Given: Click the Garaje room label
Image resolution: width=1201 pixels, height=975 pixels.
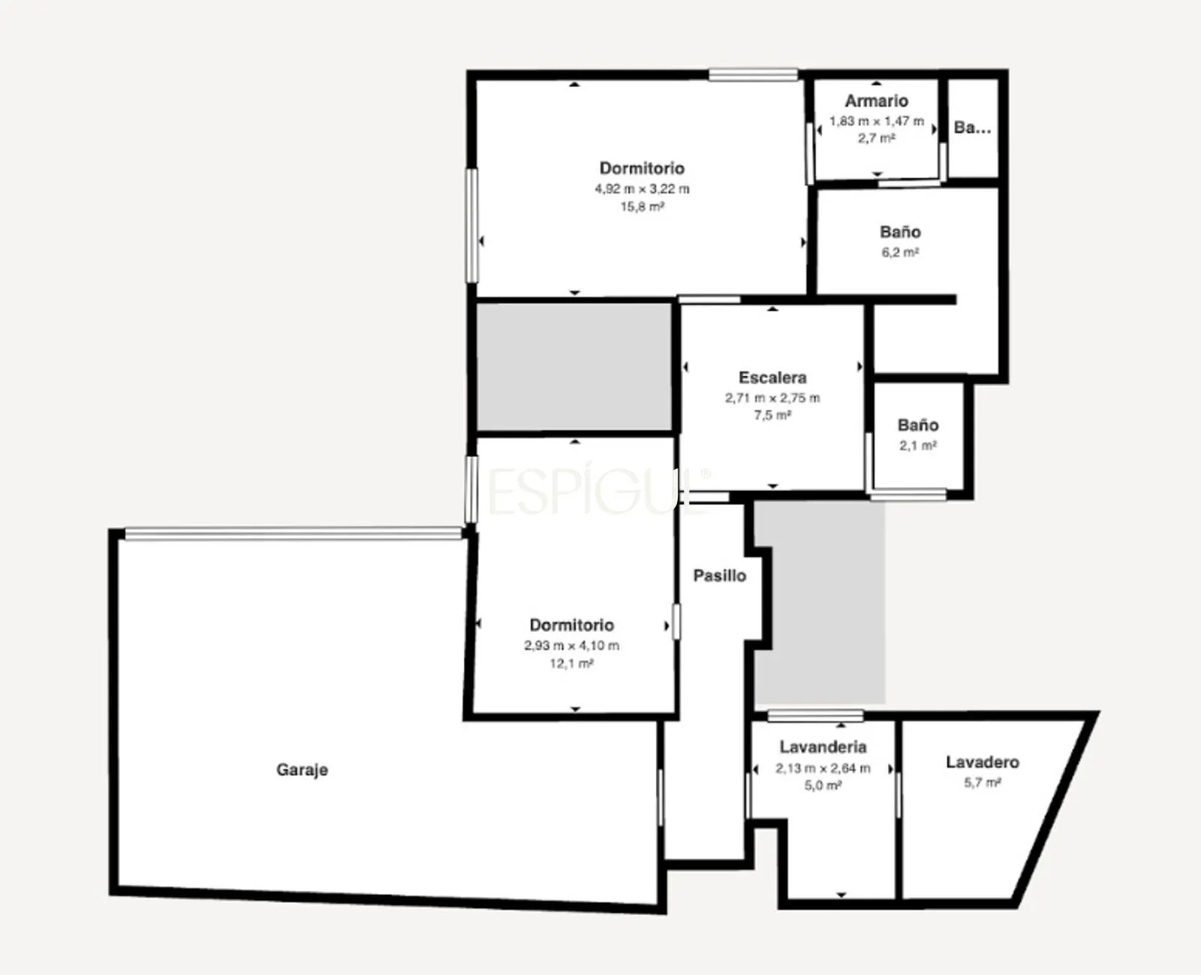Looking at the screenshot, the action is coord(302,770).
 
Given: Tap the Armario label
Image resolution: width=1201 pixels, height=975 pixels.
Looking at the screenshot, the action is coord(876,101).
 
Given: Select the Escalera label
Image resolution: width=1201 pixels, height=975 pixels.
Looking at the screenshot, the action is coord(772,378).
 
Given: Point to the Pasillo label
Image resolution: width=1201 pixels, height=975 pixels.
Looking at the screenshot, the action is coord(719,576).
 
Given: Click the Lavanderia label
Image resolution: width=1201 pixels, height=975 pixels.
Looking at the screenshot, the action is coord(823,747).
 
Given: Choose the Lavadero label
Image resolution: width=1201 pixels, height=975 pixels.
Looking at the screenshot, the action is coord(983,763).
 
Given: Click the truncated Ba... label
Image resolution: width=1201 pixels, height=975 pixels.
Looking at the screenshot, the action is coord(972,128).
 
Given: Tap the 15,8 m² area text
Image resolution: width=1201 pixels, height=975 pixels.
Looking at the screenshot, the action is coord(643,207).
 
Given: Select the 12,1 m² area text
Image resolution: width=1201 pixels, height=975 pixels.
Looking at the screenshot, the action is coord(572,664).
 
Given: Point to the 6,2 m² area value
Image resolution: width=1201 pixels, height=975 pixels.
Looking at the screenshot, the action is coord(901,252).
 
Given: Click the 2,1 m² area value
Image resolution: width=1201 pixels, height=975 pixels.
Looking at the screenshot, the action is coord(918,446).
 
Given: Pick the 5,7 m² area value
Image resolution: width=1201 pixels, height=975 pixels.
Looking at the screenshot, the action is coord(983,783).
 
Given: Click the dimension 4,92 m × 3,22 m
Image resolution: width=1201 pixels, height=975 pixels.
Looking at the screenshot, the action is coord(643,189).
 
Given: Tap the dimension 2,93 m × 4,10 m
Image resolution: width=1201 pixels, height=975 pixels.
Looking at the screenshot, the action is coord(572,645).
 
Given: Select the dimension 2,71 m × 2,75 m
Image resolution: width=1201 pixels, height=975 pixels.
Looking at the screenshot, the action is coord(772,398).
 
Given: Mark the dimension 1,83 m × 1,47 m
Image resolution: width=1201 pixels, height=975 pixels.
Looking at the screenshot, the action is coord(877,122).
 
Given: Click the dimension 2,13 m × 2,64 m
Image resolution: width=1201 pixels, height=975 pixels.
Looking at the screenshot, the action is coord(823,768).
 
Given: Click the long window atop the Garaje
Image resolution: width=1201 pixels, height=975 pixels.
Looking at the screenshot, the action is coord(293,534).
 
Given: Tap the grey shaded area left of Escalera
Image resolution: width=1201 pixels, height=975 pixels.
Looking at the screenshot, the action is coord(574,366).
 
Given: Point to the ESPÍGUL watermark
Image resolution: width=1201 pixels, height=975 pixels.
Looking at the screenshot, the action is coord(597,489).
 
